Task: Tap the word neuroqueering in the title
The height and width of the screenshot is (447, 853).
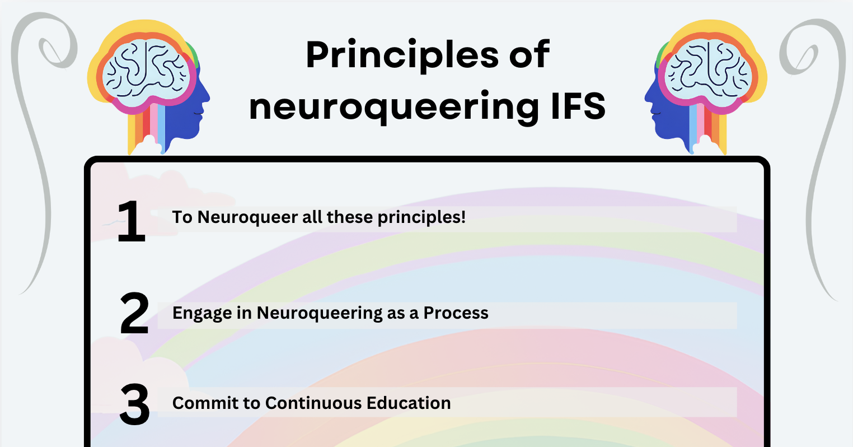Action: point(394,107)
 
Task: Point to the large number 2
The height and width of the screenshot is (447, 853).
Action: point(134,313)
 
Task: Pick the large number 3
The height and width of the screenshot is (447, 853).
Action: point(134,404)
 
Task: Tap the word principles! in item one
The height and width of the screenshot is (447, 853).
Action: point(421,217)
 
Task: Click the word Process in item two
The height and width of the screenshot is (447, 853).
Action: point(456,313)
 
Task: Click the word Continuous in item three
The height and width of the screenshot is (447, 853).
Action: point(313,403)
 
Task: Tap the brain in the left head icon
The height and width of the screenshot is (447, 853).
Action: point(147,72)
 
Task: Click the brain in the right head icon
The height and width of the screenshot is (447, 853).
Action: point(708,72)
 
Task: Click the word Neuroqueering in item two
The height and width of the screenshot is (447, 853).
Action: point(320,314)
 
